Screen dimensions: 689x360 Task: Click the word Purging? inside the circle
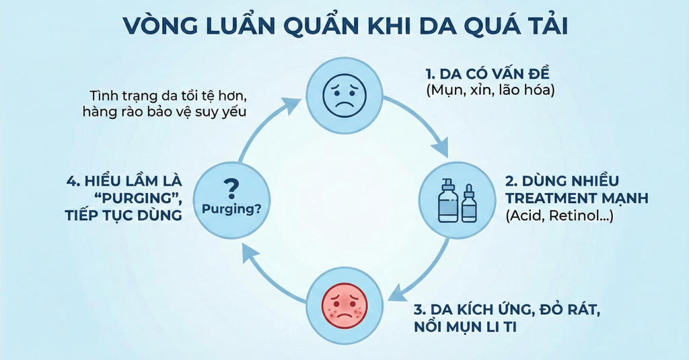231,209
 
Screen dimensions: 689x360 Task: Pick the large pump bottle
448,199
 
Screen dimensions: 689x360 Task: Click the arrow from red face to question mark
266,273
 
